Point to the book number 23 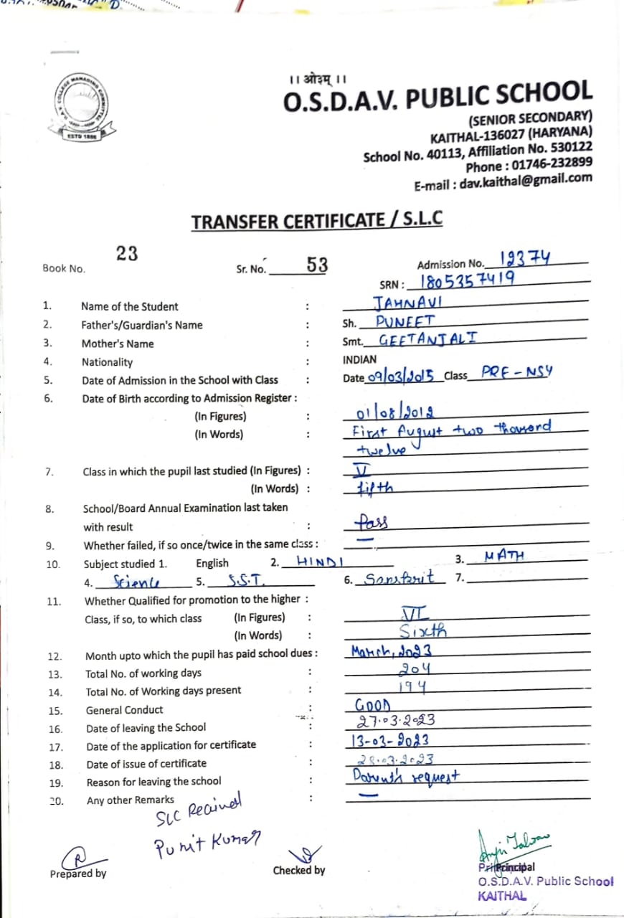(127, 254)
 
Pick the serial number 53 (317, 265)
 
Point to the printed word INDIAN (359, 359)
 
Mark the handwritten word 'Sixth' (423, 632)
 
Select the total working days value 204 (415, 669)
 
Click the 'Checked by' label (299, 870)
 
